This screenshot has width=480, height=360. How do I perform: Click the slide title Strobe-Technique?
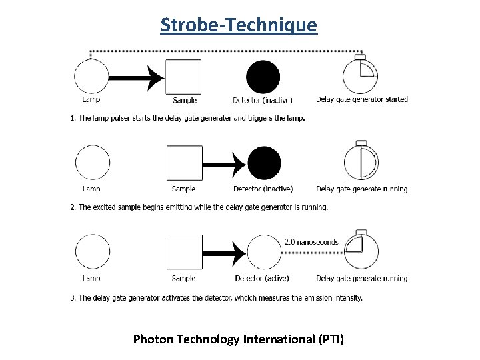[239, 25]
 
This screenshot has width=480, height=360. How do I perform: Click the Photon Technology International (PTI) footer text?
[239, 339]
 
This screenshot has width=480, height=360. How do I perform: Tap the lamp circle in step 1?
[91, 77]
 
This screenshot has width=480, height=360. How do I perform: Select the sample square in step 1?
[183, 77]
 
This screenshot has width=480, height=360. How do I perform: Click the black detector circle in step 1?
[263, 77]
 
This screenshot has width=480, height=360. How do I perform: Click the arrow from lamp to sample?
[137, 77]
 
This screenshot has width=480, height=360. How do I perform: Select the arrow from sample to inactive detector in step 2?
[224, 163]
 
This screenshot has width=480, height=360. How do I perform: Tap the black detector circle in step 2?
[264, 163]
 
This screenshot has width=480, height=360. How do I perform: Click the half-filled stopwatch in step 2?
[361, 163]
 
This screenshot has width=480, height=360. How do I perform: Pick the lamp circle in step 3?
[92, 253]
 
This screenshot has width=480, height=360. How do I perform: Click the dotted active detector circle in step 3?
[265, 253]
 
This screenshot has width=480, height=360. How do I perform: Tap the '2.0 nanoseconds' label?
[311, 241]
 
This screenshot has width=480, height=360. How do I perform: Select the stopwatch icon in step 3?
[361, 251]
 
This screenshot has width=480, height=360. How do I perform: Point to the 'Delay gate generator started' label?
[361, 99]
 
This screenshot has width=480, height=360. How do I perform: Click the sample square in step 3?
[184, 253]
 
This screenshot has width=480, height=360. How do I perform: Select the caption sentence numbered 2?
[199, 207]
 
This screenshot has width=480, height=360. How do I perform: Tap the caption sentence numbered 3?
[217, 297]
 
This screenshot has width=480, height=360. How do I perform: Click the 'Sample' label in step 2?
[183, 189]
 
